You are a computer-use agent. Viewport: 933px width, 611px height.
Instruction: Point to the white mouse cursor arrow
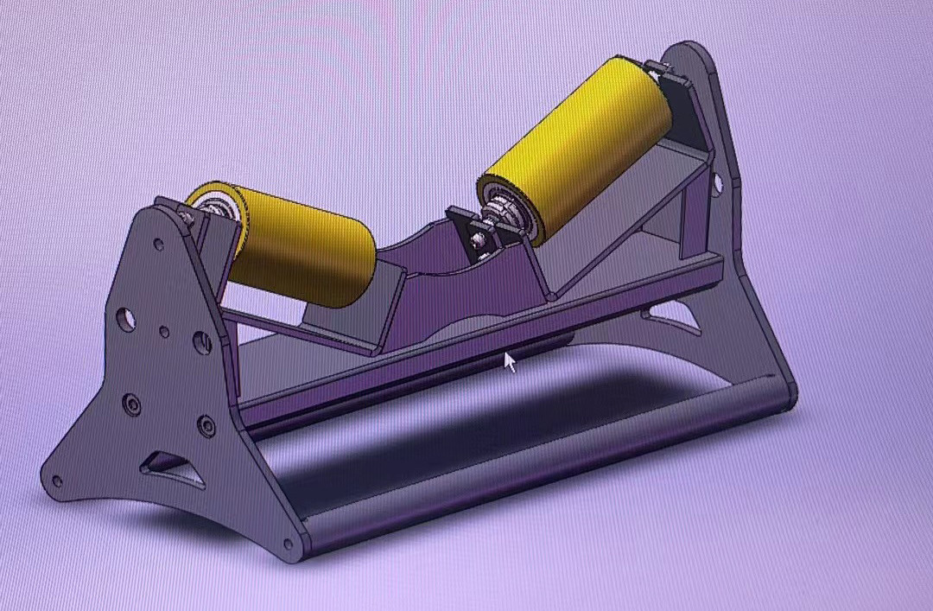510,361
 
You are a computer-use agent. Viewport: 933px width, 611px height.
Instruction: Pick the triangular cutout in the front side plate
174,468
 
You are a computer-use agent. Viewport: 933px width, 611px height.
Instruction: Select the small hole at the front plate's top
159,245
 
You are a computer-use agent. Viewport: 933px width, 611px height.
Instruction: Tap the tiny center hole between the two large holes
164,331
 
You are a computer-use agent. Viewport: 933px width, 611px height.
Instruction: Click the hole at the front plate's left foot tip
57,481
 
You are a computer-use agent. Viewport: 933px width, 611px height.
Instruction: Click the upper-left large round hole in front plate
126,320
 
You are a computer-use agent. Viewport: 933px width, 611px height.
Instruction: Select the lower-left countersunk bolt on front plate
131,403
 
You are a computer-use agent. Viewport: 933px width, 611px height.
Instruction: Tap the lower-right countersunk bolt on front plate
206,425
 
